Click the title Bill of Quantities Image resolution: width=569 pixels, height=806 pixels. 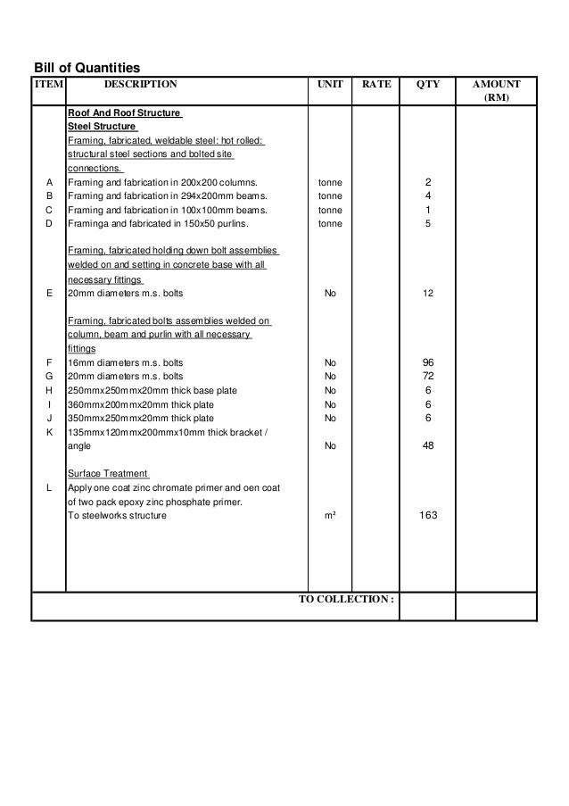point(87,67)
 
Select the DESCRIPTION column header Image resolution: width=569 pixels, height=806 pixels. point(141,85)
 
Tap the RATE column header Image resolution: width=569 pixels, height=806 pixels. point(376,85)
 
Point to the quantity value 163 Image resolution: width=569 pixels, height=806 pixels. point(428,516)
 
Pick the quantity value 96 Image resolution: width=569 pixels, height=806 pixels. point(428,362)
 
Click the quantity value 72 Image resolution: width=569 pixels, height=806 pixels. point(428,377)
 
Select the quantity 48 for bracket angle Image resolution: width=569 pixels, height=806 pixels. point(428,445)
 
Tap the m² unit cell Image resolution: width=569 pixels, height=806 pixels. point(330,516)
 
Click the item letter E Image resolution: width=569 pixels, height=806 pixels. point(48,293)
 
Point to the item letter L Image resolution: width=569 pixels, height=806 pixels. point(48,487)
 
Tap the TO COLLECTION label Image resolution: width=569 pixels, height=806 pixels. point(346,599)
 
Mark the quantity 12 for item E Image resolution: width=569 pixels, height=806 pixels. point(428,293)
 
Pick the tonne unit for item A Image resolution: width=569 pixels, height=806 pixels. point(330,183)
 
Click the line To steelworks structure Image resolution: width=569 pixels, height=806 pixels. point(120,516)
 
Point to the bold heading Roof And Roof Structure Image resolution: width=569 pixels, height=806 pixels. point(125,113)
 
